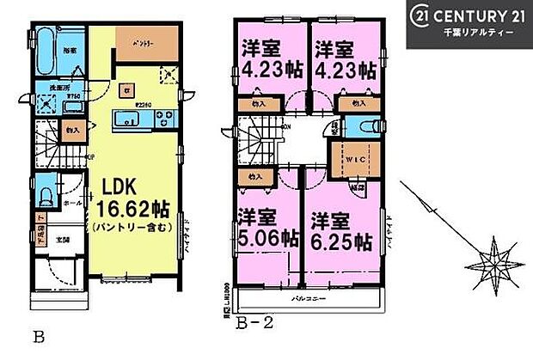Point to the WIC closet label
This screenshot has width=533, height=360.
(347, 160)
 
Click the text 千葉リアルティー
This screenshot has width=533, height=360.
(478, 31)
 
